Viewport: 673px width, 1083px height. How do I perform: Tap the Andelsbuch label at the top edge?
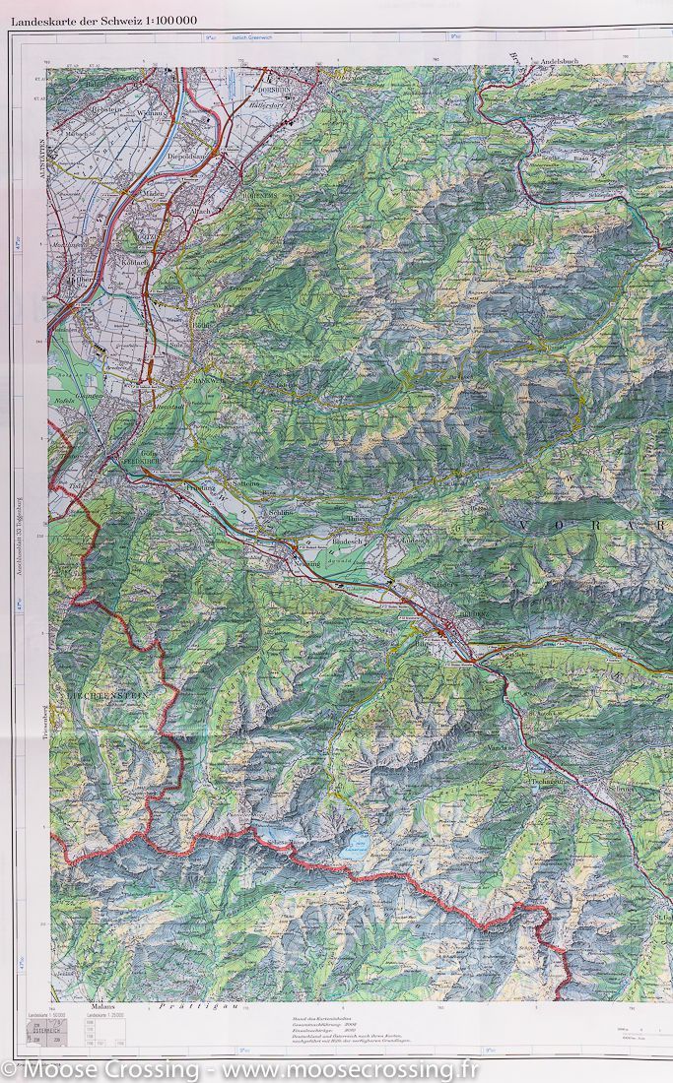coord(563,61)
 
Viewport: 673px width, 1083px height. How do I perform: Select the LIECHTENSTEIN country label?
coord(107,695)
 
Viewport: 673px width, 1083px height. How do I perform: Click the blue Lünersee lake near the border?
coord(354,843)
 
